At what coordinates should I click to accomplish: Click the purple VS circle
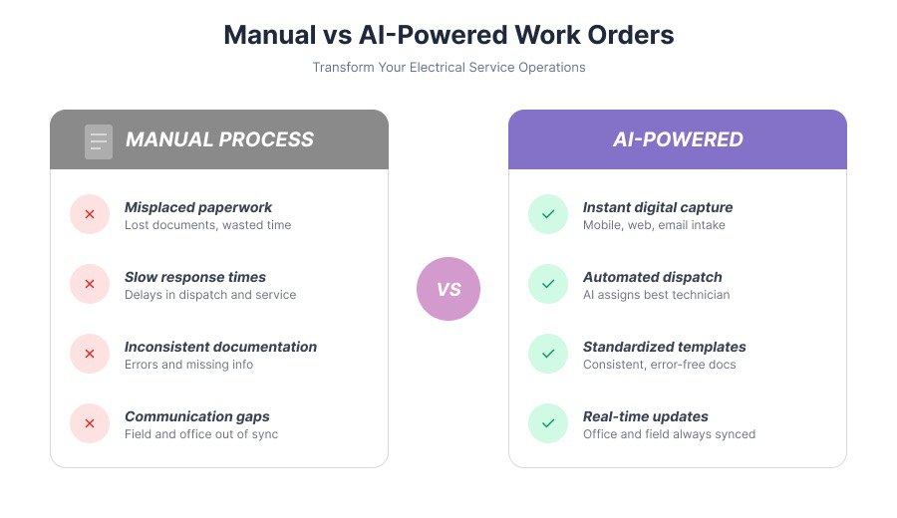point(448,289)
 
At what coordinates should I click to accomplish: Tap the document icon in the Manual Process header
point(99,140)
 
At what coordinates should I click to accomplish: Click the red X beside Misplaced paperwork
point(90,214)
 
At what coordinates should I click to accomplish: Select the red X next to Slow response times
point(90,284)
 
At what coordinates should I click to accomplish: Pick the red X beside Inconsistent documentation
point(90,354)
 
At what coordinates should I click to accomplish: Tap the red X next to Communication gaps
point(90,423)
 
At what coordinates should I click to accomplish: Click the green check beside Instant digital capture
point(548,214)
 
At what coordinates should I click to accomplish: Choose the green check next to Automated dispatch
point(548,284)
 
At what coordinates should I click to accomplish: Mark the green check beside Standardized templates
point(548,354)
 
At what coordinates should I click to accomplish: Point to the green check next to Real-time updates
point(548,423)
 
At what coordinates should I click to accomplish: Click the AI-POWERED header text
point(678,139)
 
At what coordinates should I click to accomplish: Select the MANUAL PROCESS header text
point(219,139)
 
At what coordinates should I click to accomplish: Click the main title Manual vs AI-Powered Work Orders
point(448,35)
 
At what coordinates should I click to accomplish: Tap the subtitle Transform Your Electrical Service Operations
point(448,68)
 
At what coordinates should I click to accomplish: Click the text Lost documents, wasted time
point(207,225)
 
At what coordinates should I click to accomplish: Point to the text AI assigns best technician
point(656,295)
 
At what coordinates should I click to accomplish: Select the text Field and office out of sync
point(201,434)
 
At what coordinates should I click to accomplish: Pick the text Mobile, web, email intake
point(654,225)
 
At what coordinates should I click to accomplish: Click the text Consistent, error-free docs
point(659,365)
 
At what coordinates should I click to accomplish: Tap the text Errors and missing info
point(188,365)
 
